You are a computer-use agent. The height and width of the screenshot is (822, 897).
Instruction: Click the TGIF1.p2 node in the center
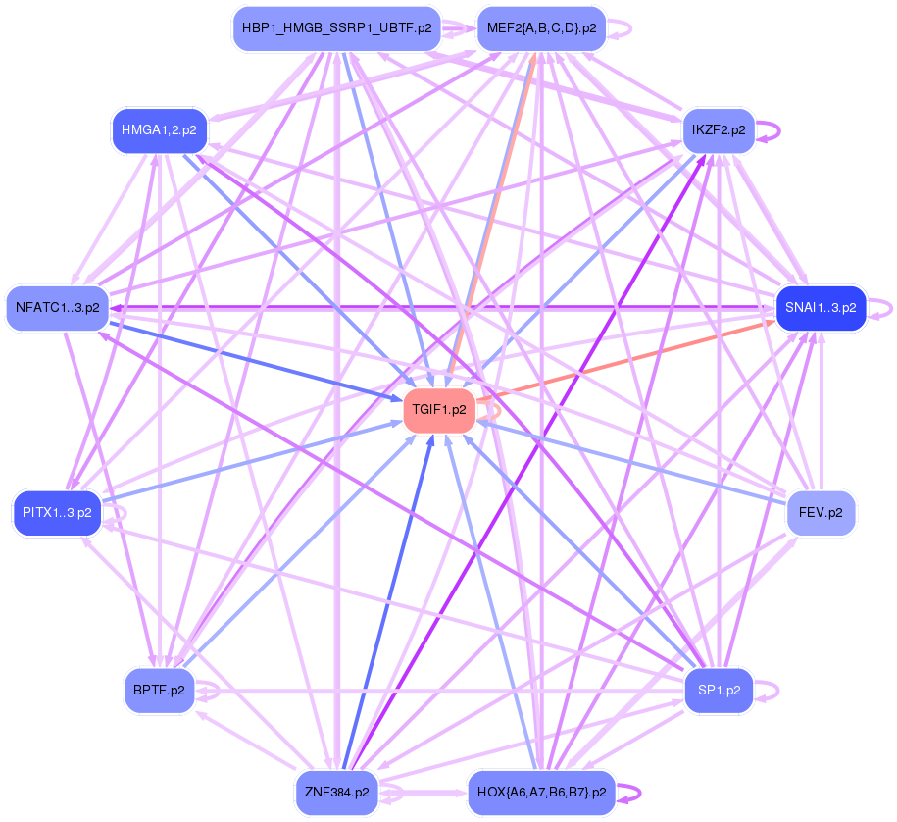pyautogui.click(x=439, y=410)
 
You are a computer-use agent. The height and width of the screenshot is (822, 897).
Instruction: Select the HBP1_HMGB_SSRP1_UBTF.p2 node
pyautogui.click(x=336, y=28)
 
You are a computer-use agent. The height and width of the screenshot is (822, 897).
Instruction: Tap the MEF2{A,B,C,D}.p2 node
pyautogui.click(x=541, y=28)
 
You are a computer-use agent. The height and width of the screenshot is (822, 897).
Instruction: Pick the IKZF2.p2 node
pyautogui.click(x=718, y=129)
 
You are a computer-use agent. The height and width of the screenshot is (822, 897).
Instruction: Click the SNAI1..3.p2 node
pyautogui.click(x=821, y=307)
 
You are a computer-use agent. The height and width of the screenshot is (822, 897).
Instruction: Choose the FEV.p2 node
pyautogui.click(x=821, y=512)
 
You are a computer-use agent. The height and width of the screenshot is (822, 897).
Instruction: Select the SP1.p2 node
pyautogui.click(x=718, y=691)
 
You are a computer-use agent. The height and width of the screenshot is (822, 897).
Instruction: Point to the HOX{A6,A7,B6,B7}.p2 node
pyautogui.click(x=541, y=791)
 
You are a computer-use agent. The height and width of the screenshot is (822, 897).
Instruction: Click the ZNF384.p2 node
pyautogui.click(x=336, y=791)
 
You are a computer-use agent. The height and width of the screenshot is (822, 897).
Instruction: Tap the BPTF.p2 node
pyautogui.click(x=158, y=691)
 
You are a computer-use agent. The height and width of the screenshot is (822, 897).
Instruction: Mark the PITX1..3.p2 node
pyautogui.click(x=57, y=512)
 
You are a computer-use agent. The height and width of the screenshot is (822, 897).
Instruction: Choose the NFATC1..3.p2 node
pyautogui.click(x=57, y=307)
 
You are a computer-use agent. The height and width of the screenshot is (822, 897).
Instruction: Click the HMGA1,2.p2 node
pyautogui.click(x=158, y=129)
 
